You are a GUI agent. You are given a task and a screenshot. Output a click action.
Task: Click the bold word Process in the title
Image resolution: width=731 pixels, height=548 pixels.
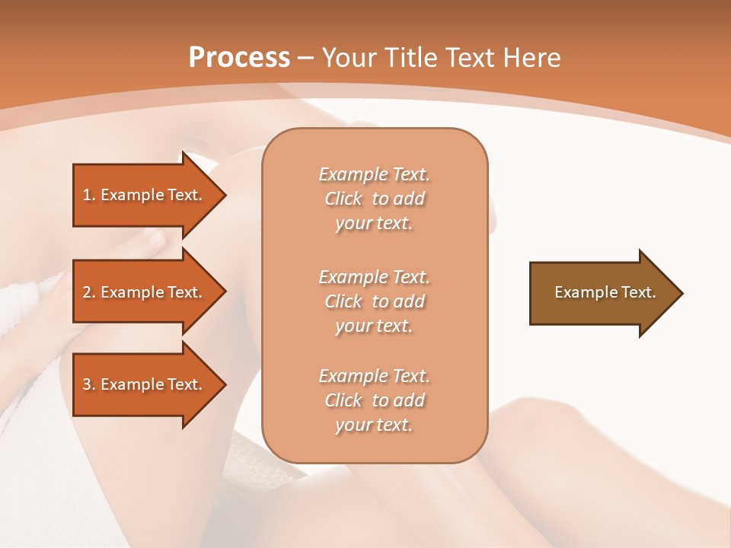[239, 58]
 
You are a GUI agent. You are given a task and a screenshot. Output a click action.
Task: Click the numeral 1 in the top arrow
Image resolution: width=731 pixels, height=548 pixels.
[88, 195]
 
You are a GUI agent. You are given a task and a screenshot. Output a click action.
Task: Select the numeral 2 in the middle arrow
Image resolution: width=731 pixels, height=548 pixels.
[88, 292]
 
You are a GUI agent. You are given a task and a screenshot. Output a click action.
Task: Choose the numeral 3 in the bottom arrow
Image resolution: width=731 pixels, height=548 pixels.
[88, 384]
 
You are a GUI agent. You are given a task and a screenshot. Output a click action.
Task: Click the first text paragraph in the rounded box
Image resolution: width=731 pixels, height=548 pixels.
[374, 199]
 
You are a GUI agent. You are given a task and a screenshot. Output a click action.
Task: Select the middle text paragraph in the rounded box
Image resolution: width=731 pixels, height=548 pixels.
[374, 301]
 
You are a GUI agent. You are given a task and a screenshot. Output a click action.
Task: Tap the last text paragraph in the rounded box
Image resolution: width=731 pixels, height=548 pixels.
[374, 400]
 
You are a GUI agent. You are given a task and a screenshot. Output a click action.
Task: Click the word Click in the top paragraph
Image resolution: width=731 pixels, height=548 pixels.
[343, 199]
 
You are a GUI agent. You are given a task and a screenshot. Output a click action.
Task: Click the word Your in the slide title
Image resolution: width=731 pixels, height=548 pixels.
[348, 58]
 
